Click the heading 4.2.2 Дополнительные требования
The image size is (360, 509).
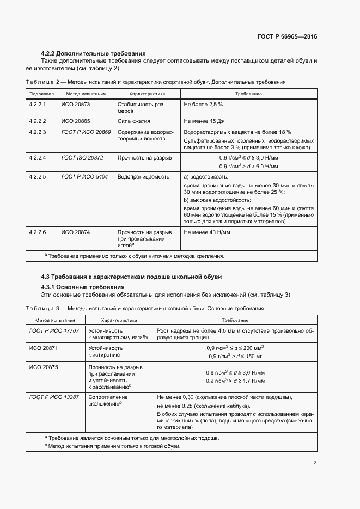coord(93,53)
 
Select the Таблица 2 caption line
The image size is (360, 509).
coord(155,82)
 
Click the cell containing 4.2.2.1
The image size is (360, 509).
coord(38,103)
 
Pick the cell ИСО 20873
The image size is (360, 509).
coord(76,103)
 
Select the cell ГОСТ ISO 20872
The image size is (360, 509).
coord(82,157)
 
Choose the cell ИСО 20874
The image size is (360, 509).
coord(76,232)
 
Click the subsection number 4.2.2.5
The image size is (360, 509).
coord(38,176)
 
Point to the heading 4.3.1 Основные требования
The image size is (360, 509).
coord(83,287)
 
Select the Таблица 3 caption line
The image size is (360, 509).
coord(145,308)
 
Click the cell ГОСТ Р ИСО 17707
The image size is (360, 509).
coord(54,330)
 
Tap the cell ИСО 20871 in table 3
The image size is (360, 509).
coord(44,347)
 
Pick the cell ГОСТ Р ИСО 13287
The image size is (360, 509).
coord(54,397)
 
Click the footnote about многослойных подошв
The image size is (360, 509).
coord(133,438)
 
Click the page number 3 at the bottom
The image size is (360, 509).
coord(315,463)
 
